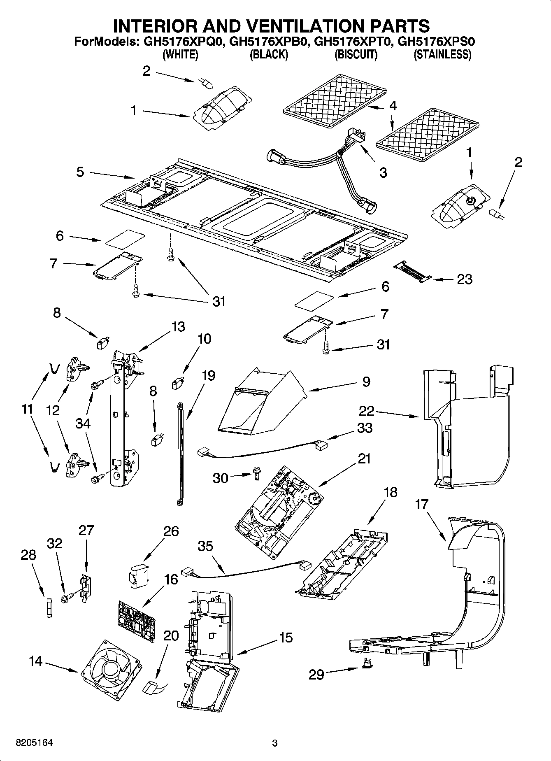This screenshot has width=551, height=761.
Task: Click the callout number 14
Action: (x=36, y=661)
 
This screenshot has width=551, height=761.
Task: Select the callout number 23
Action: (x=465, y=279)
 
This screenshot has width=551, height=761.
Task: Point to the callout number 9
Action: (x=366, y=382)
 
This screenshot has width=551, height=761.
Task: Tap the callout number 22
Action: (x=366, y=411)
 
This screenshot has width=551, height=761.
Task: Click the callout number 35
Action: (x=205, y=546)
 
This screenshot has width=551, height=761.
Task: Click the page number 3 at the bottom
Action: (x=275, y=743)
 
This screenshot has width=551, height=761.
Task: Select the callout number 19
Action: (x=208, y=375)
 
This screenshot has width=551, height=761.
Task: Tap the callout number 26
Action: (x=171, y=531)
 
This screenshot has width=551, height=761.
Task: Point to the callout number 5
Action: (x=80, y=172)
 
